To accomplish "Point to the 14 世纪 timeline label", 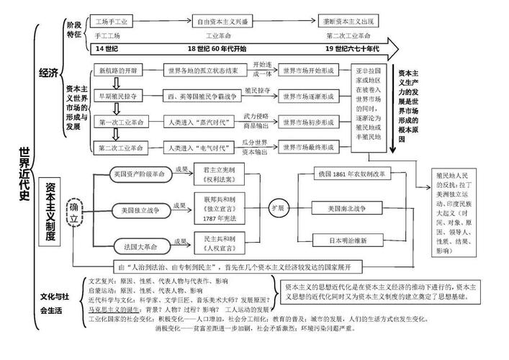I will [108, 48].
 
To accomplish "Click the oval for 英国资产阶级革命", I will [140, 174].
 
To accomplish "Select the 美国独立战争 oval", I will [140, 210].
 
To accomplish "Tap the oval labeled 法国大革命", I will [140, 243].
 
